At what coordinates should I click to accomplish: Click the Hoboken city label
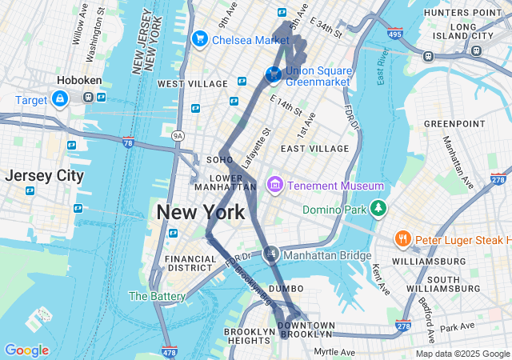click(77, 80)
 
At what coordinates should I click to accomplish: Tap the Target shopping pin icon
click(60, 98)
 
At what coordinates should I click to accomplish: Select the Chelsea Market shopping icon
click(199, 39)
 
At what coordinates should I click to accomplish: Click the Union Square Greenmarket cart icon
click(274, 74)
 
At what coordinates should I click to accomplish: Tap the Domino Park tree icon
click(378, 210)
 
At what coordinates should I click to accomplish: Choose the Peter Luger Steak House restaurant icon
click(402, 239)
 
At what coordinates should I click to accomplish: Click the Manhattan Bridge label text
click(327, 256)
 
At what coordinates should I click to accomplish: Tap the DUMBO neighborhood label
click(286, 288)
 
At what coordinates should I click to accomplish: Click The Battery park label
click(158, 296)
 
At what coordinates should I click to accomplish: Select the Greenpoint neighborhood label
click(454, 123)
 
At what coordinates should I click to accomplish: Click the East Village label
click(314, 149)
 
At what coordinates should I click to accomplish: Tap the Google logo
click(26, 350)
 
